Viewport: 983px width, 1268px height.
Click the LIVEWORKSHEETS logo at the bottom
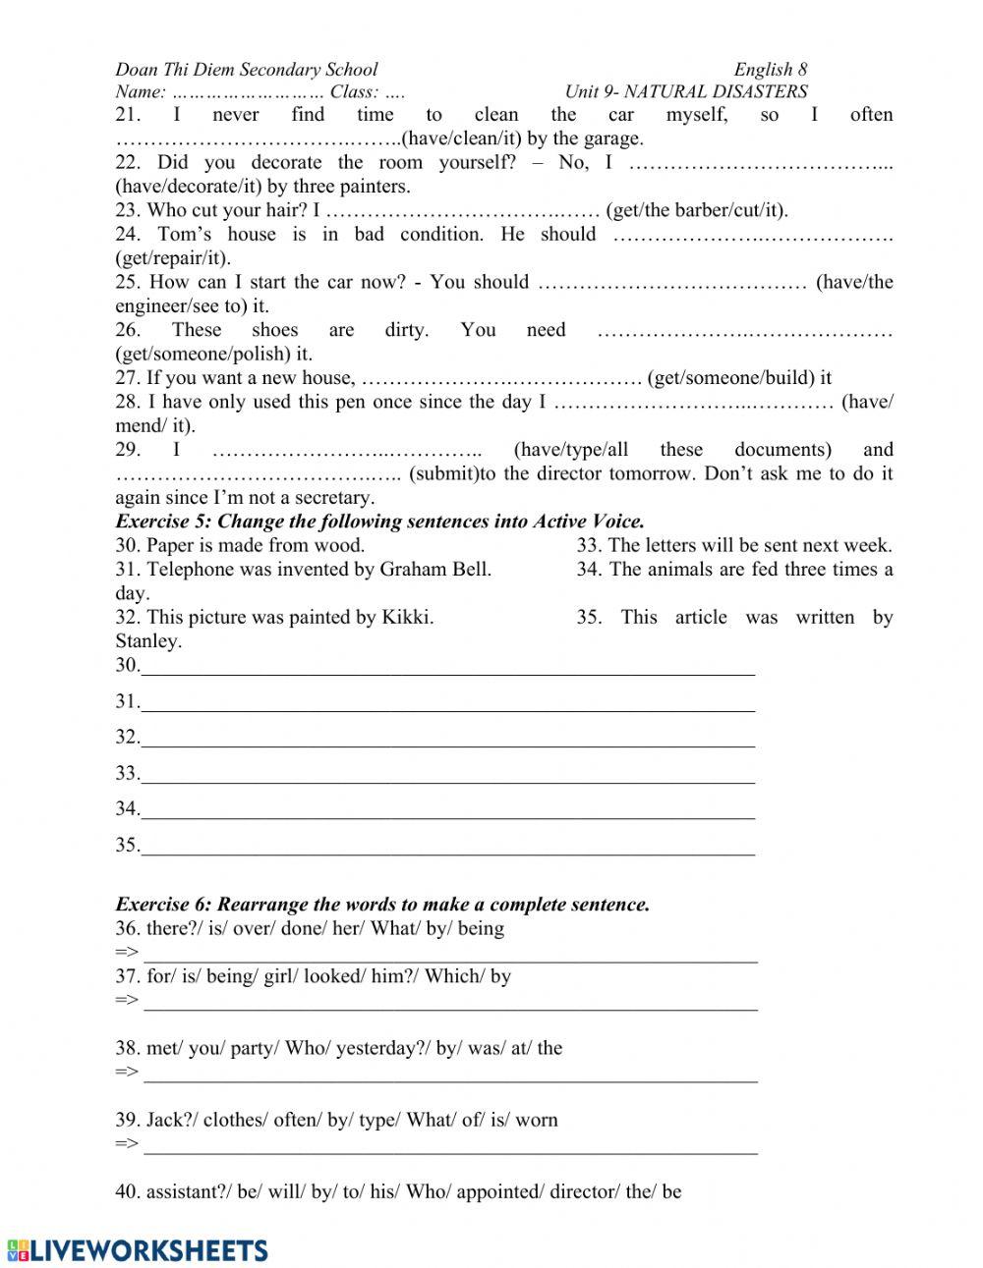click(x=138, y=1249)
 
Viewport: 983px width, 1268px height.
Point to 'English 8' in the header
click(x=770, y=70)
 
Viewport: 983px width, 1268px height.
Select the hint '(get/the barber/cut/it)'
click(x=697, y=210)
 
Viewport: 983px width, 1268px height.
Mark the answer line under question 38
click(x=450, y=1075)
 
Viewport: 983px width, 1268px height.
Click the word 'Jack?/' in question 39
click(x=171, y=1121)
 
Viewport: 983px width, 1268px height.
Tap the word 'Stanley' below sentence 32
click(x=147, y=641)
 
